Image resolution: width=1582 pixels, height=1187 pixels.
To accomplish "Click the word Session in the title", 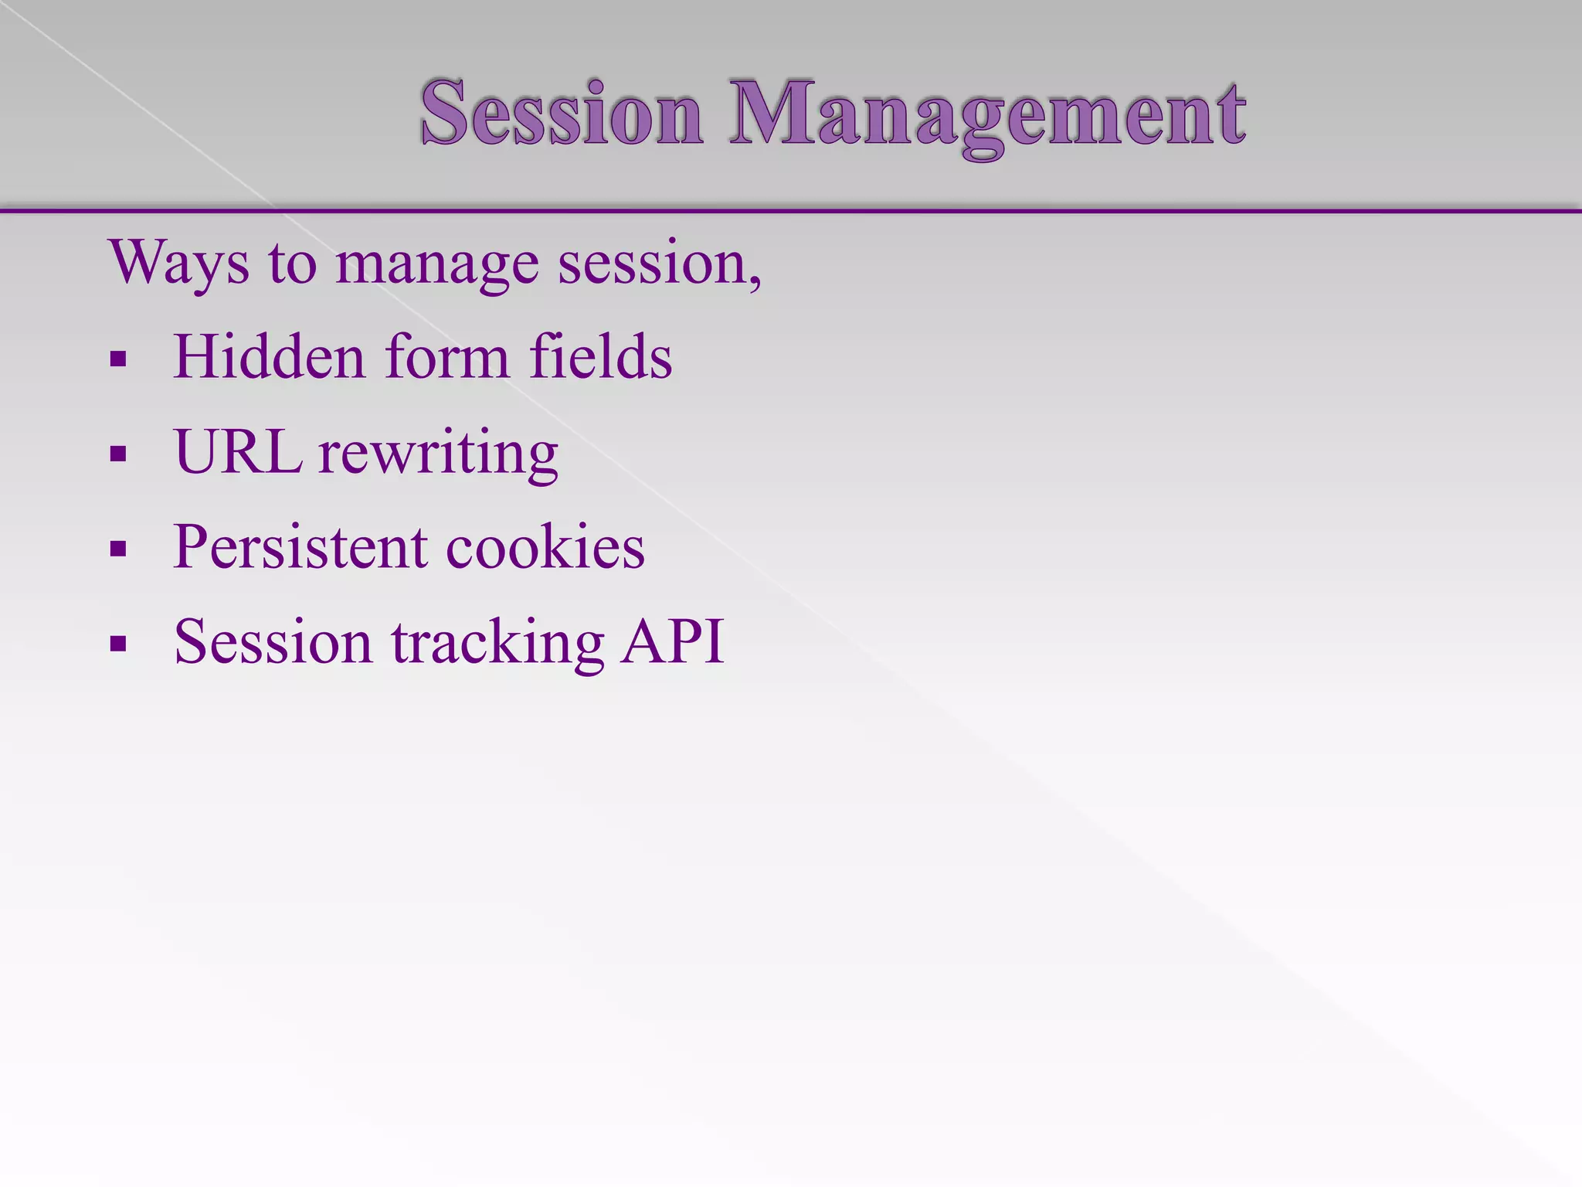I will tap(562, 114).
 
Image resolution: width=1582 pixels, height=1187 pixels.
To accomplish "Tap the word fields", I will tap(600, 357).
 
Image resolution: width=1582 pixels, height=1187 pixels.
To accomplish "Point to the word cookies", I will tap(545, 547).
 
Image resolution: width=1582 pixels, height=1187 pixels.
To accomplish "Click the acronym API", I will tap(673, 641).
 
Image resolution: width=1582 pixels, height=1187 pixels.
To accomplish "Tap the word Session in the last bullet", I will tap(273, 642).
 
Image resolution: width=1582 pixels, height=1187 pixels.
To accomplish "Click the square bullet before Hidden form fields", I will tap(118, 359).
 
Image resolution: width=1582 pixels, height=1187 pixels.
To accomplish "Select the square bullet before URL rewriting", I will tap(118, 454).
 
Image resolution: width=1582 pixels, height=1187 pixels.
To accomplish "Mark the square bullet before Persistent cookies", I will tap(118, 549).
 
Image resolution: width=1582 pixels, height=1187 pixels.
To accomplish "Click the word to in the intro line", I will tap(293, 265).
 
